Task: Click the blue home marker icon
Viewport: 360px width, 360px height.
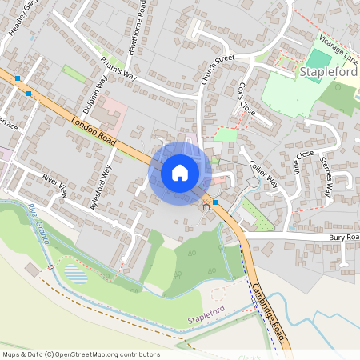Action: pyautogui.click(x=180, y=172)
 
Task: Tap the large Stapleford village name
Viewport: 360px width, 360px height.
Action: pyautogui.click(x=329, y=71)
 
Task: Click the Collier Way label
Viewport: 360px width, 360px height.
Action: pyautogui.click(x=262, y=170)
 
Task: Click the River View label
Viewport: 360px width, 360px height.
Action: pyautogui.click(x=54, y=185)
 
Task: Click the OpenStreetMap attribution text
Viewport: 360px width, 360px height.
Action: pyautogui.click(x=81, y=354)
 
